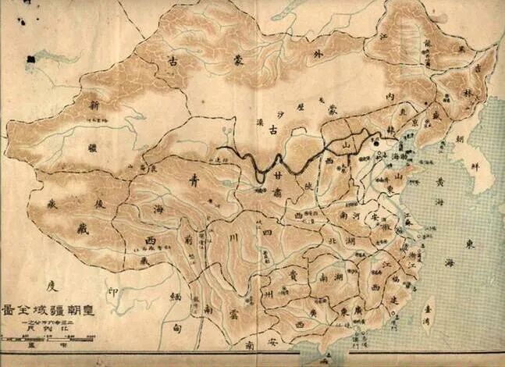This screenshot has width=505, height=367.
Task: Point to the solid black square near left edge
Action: coord(30,59)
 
